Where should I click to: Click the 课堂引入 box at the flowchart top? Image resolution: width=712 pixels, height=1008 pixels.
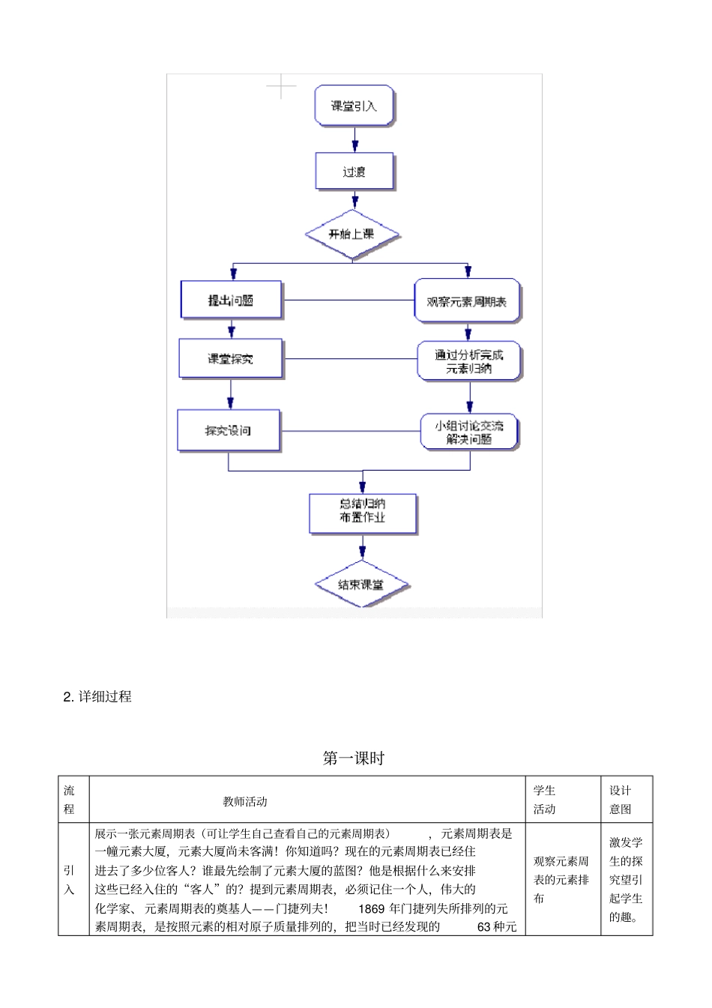pyautogui.click(x=354, y=106)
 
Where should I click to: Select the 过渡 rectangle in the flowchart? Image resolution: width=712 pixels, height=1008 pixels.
pyautogui.click(x=354, y=172)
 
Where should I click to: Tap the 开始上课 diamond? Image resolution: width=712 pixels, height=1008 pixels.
pyautogui.click(x=352, y=235)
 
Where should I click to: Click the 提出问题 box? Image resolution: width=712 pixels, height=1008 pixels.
pyautogui.click(x=231, y=300)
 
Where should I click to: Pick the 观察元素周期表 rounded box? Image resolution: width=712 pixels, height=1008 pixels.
pyautogui.click(x=467, y=301)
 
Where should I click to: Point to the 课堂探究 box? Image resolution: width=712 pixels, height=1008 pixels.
pyautogui.click(x=231, y=359)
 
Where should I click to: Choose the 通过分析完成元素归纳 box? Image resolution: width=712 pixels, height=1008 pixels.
pyautogui.click(x=469, y=361)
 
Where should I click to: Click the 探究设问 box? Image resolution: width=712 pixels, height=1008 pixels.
pyautogui.click(x=228, y=431)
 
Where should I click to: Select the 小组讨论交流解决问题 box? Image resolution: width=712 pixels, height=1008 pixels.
pyautogui.click(x=469, y=432)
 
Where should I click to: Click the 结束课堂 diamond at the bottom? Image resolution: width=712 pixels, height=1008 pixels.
pyautogui.click(x=361, y=585)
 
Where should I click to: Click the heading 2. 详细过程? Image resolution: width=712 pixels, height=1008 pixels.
pyautogui.click(x=97, y=696)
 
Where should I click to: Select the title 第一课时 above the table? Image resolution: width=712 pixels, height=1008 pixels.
pyautogui.click(x=354, y=758)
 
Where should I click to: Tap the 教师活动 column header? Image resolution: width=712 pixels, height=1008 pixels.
pyautogui.click(x=245, y=801)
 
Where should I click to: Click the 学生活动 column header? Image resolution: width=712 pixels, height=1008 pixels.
pyautogui.click(x=545, y=800)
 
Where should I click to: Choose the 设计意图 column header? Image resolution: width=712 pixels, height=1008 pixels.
pyautogui.click(x=620, y=800)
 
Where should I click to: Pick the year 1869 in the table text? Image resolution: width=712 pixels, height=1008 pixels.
pyautogui.click(x=372, y=908)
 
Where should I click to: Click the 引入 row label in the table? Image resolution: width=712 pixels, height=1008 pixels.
pyautogui.click(x=70, y=880)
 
